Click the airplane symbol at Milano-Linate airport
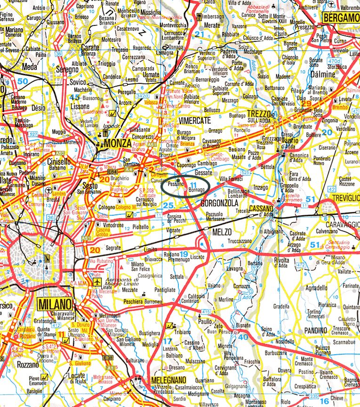(97, 282)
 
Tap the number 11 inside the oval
(193, 183)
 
